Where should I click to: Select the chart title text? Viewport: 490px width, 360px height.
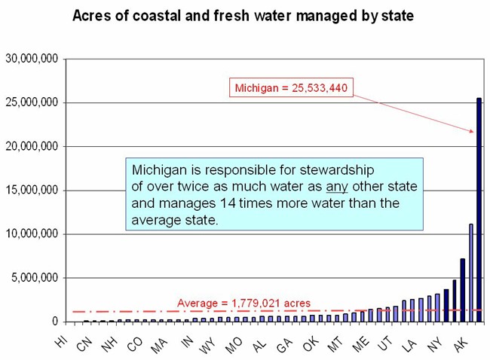[x=243, y=16]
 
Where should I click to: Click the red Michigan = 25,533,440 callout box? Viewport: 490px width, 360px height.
[x=290, y=88]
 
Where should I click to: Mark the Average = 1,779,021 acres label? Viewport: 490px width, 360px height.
[x=243, y=303]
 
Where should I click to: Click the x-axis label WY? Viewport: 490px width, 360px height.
[x=209, y=342]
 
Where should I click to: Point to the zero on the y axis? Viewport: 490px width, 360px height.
[x=54, y=322]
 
